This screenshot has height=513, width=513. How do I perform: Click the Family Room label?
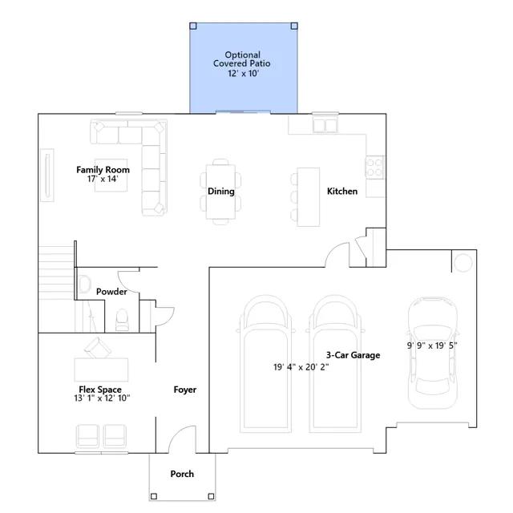(x=103, y=170)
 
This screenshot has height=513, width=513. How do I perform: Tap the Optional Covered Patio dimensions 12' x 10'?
(x=244, y=73)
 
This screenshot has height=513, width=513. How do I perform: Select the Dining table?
(x=221, y=192)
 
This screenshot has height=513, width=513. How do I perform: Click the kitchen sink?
(x=325, y=125)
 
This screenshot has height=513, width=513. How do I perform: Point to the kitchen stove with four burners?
(x=375, y=168)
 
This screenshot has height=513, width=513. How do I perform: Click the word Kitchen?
(x=342, y=192)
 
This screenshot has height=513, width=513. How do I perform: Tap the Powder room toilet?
(x=122, y=320)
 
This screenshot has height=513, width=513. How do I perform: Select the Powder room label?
(x=111, y=292)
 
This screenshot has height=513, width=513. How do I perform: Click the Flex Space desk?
(x=101, y=370)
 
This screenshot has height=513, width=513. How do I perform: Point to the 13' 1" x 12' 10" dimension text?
(x=102, y=398)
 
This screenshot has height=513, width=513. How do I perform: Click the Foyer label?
(x=185, y=390)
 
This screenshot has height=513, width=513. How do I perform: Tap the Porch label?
(x=182, y=474)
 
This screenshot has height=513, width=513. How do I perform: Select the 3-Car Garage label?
(x=353, y=355)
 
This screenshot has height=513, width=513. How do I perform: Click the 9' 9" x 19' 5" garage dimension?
(x=432, y=345)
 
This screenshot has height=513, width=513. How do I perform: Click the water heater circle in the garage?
(x=463, y=262)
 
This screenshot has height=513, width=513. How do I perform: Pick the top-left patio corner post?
(x=193, y=26)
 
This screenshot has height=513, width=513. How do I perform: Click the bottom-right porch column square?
(x=211, y=497)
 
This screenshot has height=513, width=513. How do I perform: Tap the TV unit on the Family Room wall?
(x=47, y=175)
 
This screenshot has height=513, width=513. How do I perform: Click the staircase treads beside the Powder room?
(x=56, y=273)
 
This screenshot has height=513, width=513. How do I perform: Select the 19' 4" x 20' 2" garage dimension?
(x=301, y=367)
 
